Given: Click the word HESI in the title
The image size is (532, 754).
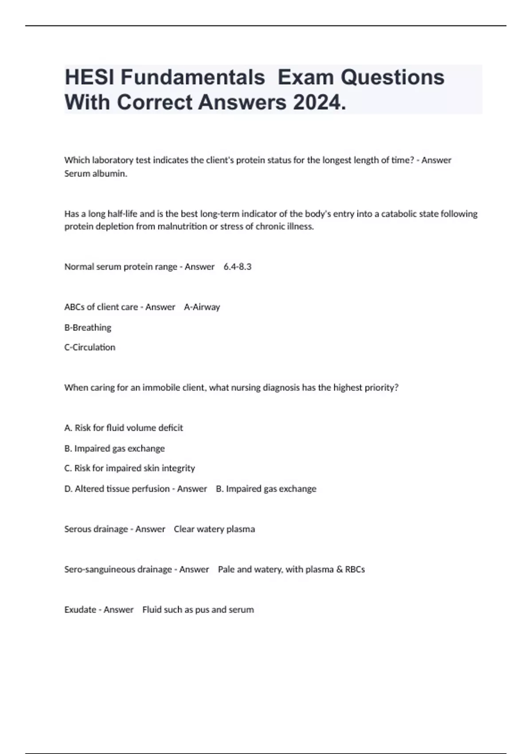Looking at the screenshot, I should pyautogui.click(x=90, y=77).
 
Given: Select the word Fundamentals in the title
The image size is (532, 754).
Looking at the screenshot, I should pyautogui.click(x=193, y=77).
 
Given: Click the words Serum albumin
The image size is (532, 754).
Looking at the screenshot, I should pyautogui.click(x=96, y=173).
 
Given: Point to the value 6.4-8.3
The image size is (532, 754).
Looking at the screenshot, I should pyautogui.click(x=238, y=267).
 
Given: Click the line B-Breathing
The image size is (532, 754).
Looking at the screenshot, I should pyautogui.click(x=88, y=327).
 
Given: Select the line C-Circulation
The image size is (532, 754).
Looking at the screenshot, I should pyautogui.click(x=90, y=347).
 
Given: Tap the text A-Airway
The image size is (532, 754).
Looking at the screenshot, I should pyautogui.click(x=202, y=307).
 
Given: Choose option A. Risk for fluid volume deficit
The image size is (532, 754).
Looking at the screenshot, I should pyautogui.click(x=124, y=428).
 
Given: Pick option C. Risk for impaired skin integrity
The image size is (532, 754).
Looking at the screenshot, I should pyautogui.click(x=129, y=468).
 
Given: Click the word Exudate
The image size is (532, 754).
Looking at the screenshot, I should pyautogui.click(x=80, y=609).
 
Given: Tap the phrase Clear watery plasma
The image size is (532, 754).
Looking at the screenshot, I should pyautogui.click(x=214, y=529).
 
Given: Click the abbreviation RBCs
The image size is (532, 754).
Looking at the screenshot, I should pyautogui.click(x=355, y=569).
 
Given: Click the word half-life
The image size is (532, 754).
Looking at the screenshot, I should pyautogui.click(x=122, y=214).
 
